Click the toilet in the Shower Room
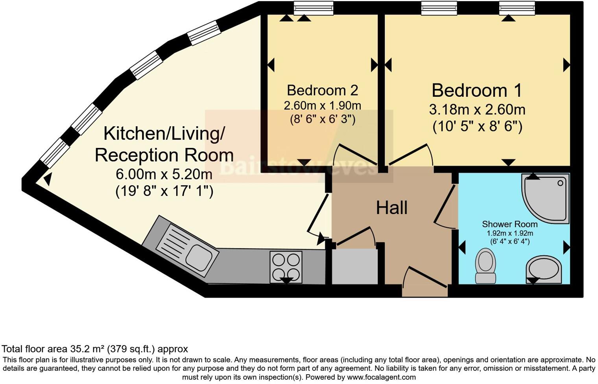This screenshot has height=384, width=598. [485, 266]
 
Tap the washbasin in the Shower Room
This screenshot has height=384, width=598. [544, 269]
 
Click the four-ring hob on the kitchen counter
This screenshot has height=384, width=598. [286, 266]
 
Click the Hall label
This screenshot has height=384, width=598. [391, 208]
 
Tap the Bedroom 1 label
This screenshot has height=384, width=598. [477, 90]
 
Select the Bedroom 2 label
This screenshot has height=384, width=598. [322, 90]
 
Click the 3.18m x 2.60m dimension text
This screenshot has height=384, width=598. [477, 109]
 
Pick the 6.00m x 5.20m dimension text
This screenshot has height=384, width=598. [164, 174]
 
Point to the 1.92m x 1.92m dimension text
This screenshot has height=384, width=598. [510, 233]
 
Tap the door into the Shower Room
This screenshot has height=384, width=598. [445, 207]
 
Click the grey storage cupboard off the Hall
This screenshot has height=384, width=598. [355, 266]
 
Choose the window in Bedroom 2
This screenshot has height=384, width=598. [314, 8]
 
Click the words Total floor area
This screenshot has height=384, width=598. [35, 349]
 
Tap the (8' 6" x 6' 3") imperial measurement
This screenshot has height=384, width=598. [323, 119]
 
